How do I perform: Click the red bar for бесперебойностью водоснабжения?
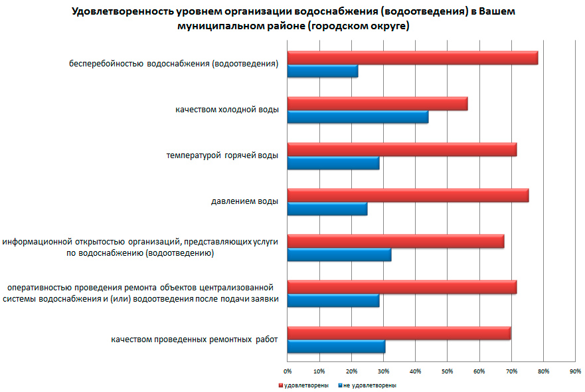(x=412, y=58)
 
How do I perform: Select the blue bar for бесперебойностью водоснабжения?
(x=323, y=72)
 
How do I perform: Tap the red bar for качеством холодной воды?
(x=377, y=104)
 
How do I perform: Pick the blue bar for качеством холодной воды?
(x=357, y=118)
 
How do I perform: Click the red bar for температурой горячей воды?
(x=402, y=150)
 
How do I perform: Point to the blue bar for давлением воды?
(x=327, y=209)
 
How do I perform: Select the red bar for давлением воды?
(x=408, y=196)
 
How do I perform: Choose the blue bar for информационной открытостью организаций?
(x=339, y=255)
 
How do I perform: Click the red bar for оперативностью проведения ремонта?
(x=402, y=288)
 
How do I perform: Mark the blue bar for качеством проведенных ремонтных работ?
(x=336, y=347)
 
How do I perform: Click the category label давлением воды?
(x=240, y=201)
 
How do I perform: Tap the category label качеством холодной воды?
(x=226, y=109)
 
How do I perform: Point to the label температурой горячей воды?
(x=222, y=155)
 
